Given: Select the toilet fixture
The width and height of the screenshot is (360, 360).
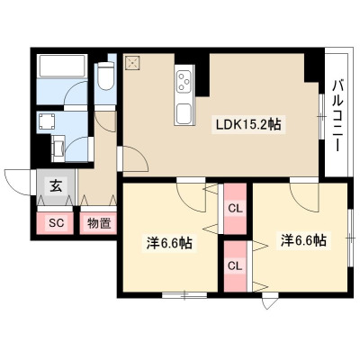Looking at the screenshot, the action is [x=106, y=76].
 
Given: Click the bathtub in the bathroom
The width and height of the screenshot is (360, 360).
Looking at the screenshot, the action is [x=62, y=66].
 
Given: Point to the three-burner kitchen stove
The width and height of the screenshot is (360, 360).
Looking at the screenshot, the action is [x=184, y=81].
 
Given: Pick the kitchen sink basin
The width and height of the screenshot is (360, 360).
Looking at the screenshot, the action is [x=184, y=113].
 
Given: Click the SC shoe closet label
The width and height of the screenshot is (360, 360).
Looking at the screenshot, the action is [x=56, y=222].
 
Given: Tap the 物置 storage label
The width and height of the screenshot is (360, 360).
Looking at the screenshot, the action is [x=99, y=223].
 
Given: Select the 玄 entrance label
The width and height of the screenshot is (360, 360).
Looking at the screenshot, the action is [x=56, y=186].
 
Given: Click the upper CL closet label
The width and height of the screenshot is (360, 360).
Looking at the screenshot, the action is [x=235, y=208].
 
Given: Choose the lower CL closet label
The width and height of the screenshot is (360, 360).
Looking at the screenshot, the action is [x=235, y=265].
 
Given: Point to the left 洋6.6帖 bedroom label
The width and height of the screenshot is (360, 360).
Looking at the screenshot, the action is [x=169, y=243].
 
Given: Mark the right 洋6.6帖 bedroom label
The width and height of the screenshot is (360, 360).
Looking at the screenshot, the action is [x=303, y=240].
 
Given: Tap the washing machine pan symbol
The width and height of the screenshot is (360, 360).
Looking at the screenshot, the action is [x=46, y=121].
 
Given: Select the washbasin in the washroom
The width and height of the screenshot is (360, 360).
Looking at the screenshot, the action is [x=58, y=147].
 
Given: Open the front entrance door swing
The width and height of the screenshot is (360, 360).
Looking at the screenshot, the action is [x=17, y=182].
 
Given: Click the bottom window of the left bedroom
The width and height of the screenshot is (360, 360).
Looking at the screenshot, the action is [x=184, y=295].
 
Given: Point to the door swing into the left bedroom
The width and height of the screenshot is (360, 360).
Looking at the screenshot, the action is [x=191, y=196].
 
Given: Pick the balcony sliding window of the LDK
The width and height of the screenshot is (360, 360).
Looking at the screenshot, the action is [x=321, y=116].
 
